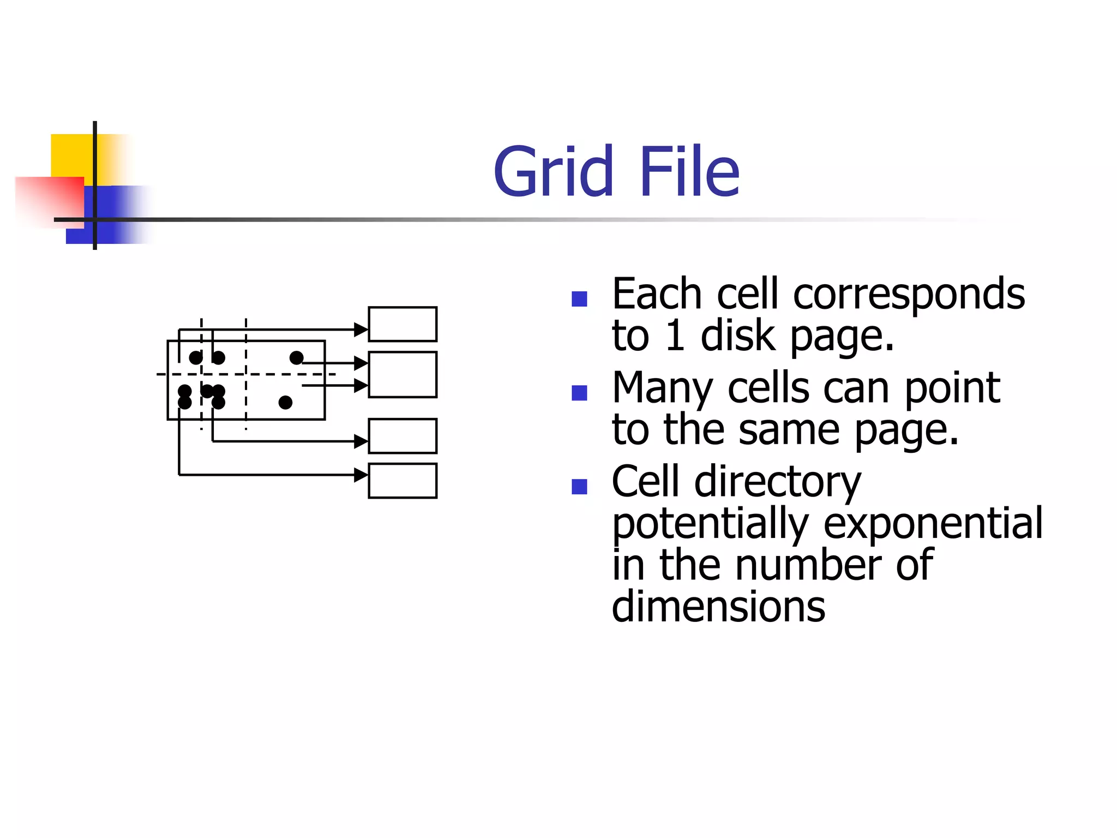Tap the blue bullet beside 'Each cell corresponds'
tap(579, 298)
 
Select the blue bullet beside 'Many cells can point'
tap(579, 392)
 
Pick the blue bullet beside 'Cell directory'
tap(579, 486)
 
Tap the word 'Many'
tap(662, 388)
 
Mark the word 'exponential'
tap(933, 523)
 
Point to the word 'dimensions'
tap(718, 606)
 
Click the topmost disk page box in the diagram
tap(403, 324)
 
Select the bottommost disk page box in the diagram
tap(403, 481)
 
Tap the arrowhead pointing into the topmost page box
tap(361, 330)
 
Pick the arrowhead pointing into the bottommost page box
tap(361, 475)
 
